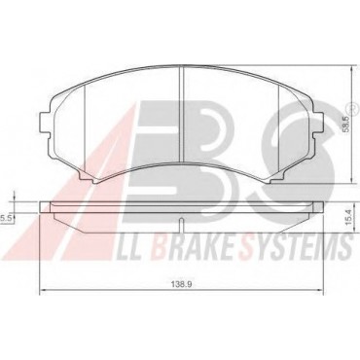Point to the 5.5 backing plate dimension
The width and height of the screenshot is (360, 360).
pos(6,219)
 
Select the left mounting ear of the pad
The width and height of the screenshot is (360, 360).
pos(45,123)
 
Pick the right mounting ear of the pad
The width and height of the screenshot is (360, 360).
pos(318,123)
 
